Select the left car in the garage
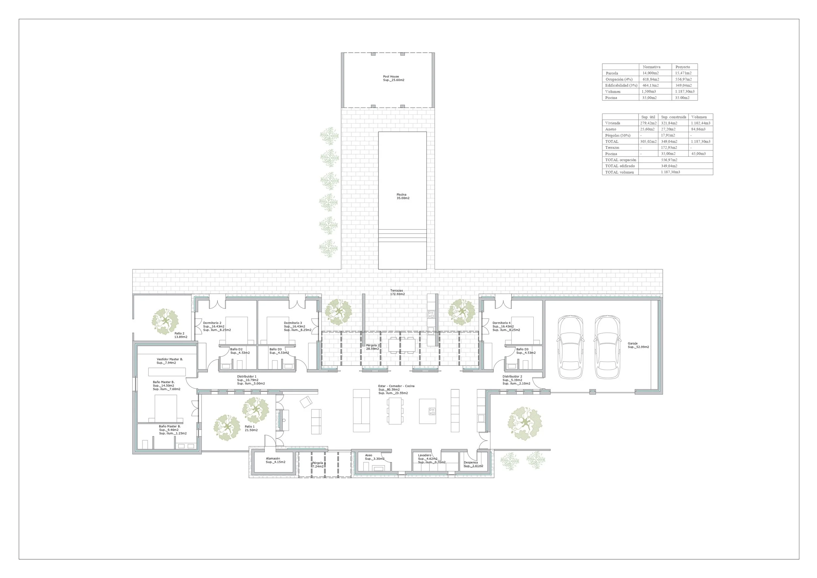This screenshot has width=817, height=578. tap(570, 347)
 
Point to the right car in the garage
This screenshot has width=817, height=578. tap(608, 347)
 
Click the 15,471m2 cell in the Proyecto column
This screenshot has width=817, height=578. tap(683, 73)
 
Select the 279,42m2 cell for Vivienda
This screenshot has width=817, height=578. tap(648, 123)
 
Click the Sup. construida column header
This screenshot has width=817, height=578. tap(674, 117)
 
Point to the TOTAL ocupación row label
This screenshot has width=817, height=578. tap(621, 160)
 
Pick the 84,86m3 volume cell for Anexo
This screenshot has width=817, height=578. tap(698, 129)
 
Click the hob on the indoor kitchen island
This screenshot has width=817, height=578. tap(432, 412)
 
